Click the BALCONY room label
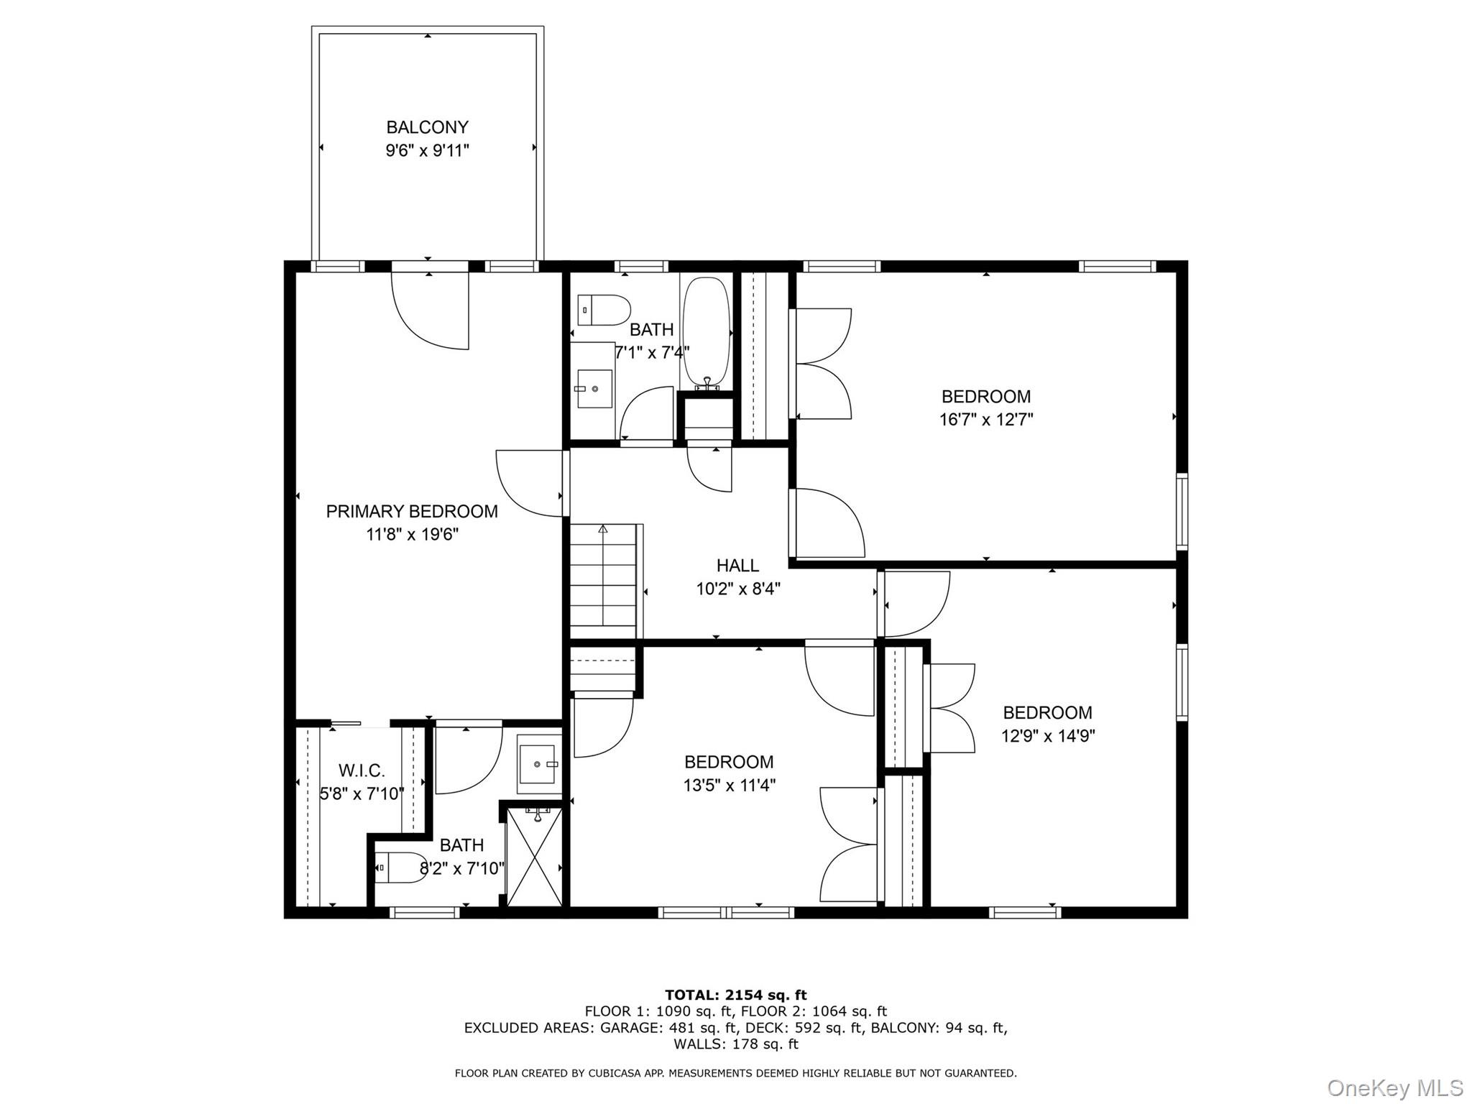pos(427,127)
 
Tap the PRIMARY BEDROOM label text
pos(411,511)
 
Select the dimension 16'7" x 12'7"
pos(985,419)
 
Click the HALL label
pos(737,566)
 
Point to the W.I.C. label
pos(362,770)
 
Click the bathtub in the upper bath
pos(706,333)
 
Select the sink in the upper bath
pos(595,388)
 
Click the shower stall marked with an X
pos(535,856)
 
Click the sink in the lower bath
pos(538,763)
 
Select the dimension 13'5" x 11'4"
pos(729,785)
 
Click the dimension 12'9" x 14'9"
pos(1047,736)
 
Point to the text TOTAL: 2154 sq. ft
pos(735,995)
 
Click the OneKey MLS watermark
pos(1395,1087)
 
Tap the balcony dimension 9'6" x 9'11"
pos(427,151)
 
